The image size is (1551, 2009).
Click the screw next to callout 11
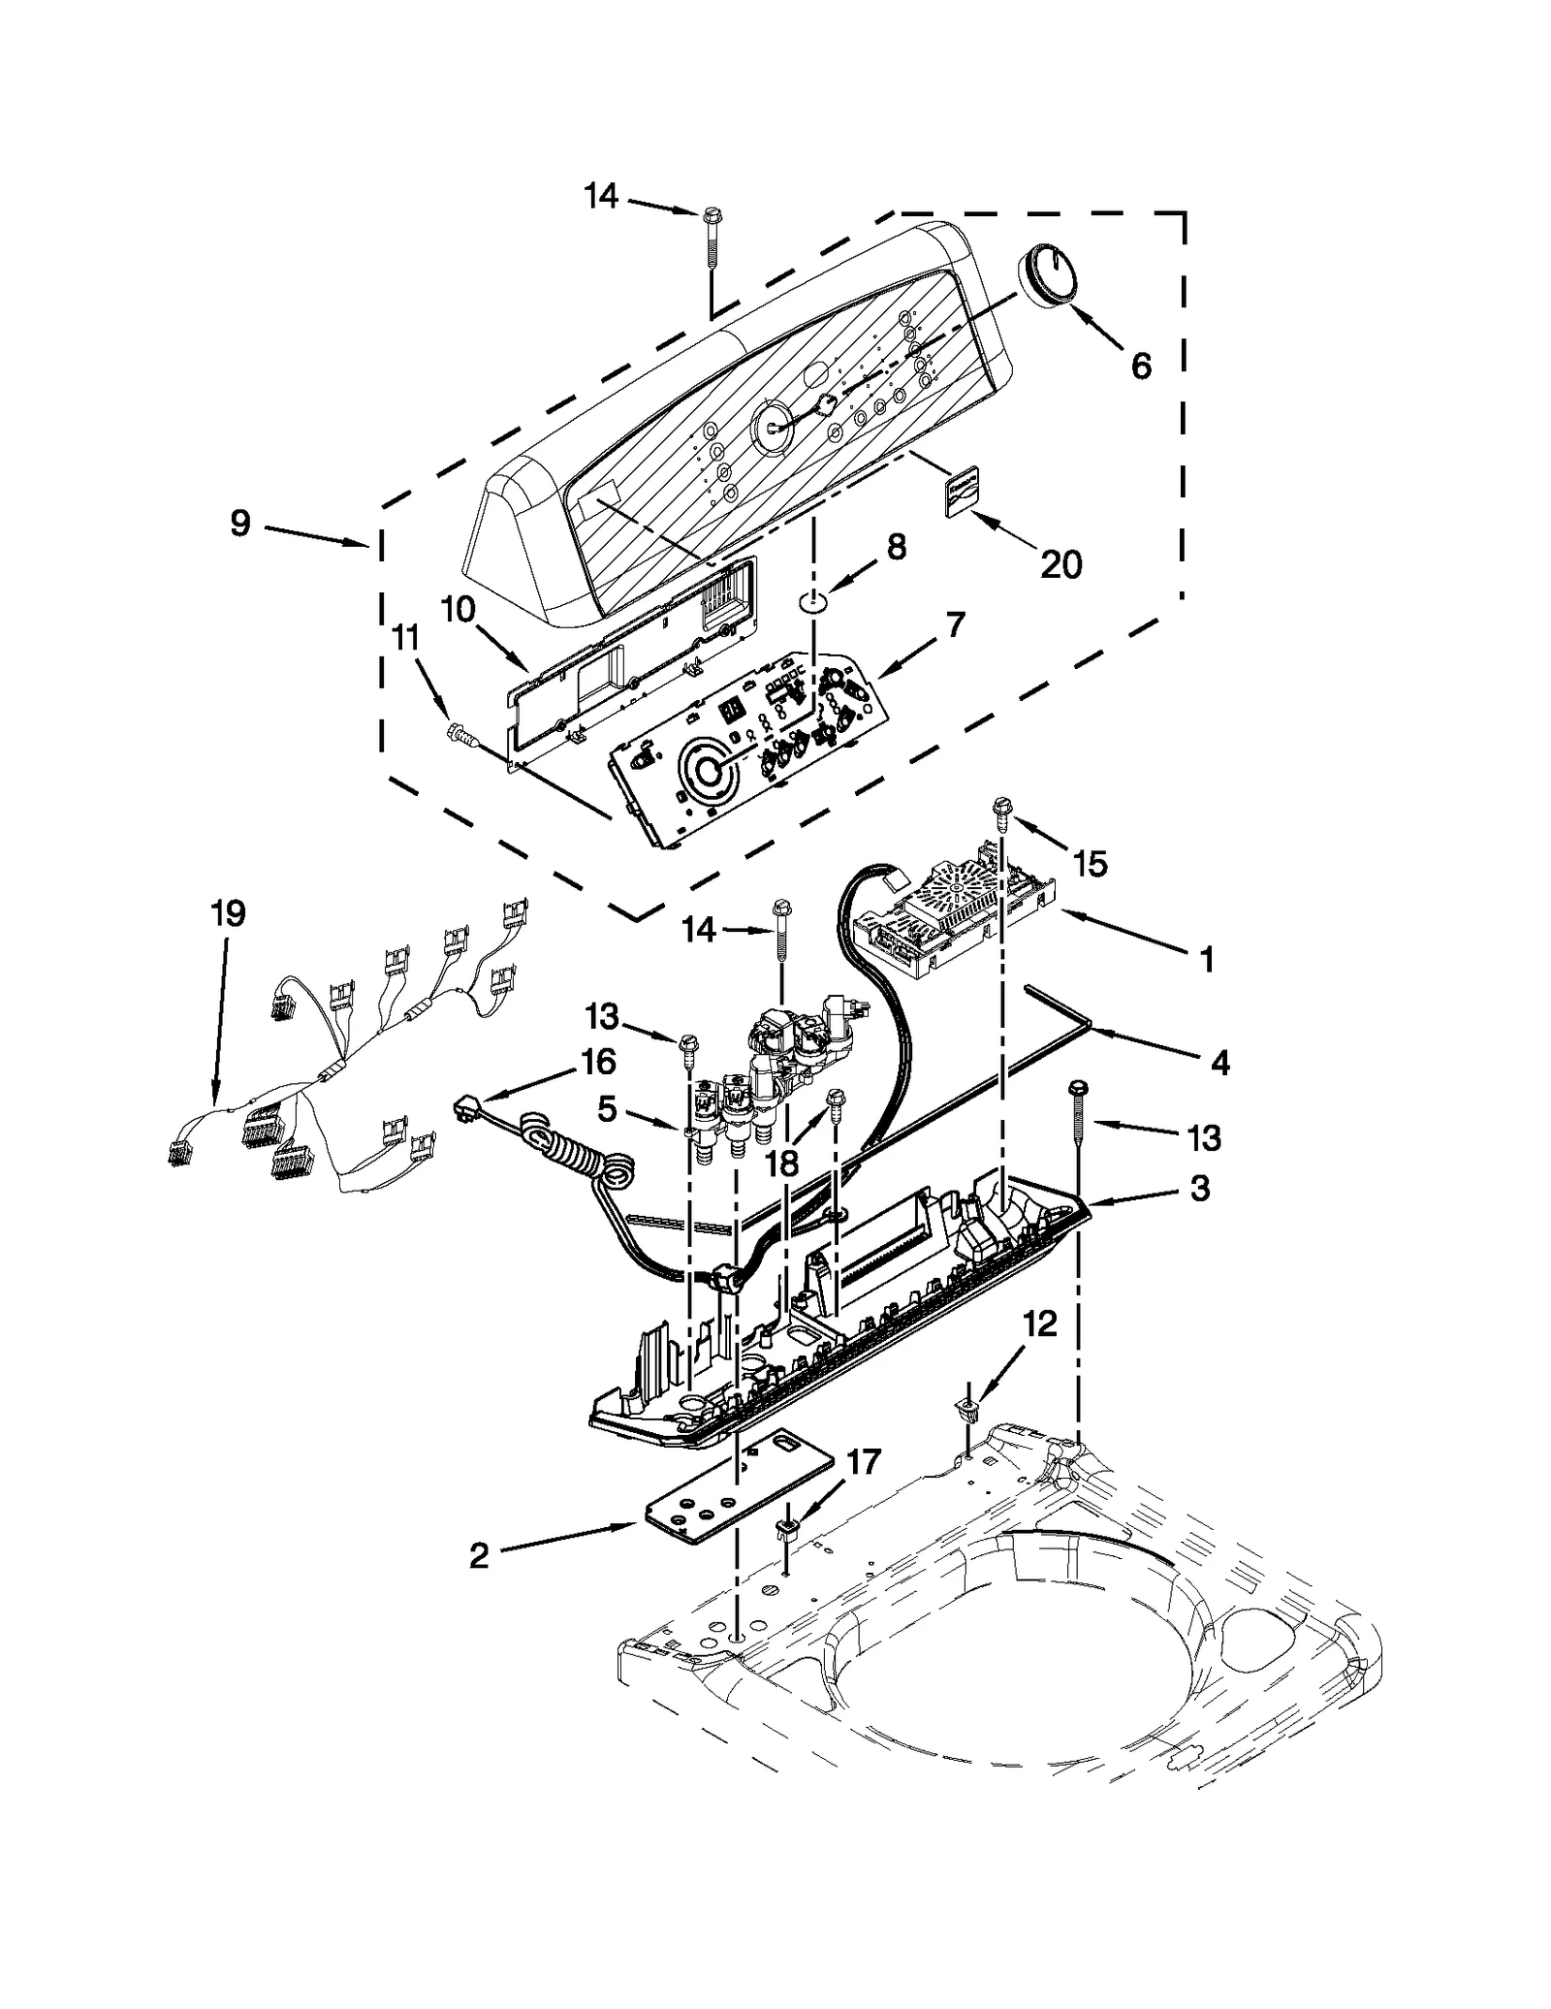point(462,739)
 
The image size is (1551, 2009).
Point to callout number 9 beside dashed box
point(240,524)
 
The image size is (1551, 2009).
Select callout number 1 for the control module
point(1206,960)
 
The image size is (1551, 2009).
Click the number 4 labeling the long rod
point(1219,1064)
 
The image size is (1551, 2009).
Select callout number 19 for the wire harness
point(229,913)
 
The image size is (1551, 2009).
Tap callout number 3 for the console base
point(1200,1188)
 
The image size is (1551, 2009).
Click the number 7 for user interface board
point(956,625)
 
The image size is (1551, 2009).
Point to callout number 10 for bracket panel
point(458,610)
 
